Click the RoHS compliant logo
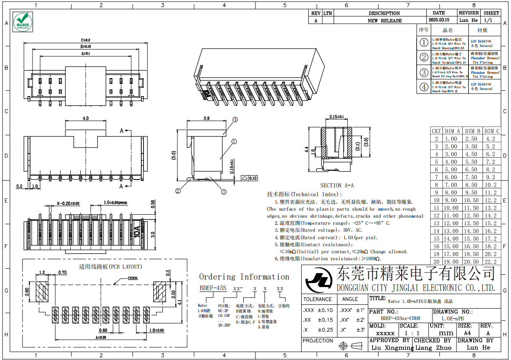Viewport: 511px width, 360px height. point(22,22)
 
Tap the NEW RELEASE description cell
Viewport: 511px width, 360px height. point(385,20)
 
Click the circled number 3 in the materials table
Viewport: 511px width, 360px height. point(424,72)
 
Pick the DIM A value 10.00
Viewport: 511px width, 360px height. point(451,208)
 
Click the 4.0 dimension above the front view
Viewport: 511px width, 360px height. point(86,119)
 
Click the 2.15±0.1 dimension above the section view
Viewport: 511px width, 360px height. point(336,117)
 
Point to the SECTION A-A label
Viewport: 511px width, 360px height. point(337,186)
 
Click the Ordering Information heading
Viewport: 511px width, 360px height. point(244,277)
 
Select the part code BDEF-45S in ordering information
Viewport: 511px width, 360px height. point(213,288)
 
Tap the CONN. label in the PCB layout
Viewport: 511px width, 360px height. point(133,278)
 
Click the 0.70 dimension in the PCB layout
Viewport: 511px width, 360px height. point(62,273)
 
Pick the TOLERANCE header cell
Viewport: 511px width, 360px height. point(317,299)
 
